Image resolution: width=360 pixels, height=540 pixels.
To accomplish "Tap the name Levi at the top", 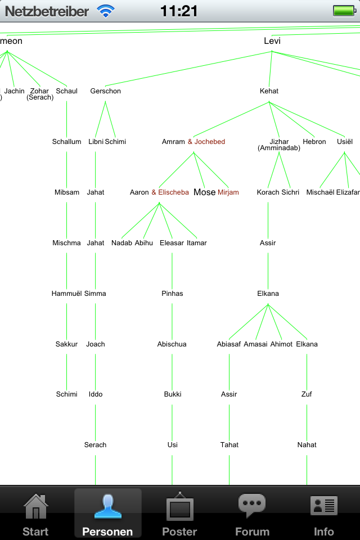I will pyautogui.click(x=272, y=41).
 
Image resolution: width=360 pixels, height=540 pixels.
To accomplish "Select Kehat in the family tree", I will pyautogui.click(x=269, y=91).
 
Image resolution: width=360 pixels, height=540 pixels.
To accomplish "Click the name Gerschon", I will pyautogui.click(x=105, y=91).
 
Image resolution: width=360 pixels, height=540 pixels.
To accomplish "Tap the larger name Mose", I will pyautogui.click(x=204, y=192).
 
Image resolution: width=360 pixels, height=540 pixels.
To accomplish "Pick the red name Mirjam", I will pyautogui.click(x=228, y=192).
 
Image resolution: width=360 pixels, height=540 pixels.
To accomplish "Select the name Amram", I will pyautogui.click(x=173, y=142).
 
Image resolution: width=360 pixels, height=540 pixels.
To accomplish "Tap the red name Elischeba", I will pyautogui.click(x=173, y=192).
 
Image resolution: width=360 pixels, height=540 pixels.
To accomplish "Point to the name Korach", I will pyautogui.click(x=268, y=192).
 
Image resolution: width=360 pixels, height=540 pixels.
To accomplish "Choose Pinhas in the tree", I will pyautogui.click(x=172, y=294).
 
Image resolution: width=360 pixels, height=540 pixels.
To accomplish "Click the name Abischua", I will pyautogui.click(x=172, y=344).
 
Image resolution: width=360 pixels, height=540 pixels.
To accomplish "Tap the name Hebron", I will pyautogui.click(x=314, y=142).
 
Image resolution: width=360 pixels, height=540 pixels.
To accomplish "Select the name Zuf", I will pyautogui.click(x=307, y=394).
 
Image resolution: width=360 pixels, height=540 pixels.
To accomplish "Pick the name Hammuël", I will pyautogui.click(x=66, y=294).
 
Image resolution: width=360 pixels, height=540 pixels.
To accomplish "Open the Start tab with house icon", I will pyautogui.click(x=35, y=514).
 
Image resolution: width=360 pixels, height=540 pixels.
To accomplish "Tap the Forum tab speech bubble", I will pyautogui.click(x=252, y=514).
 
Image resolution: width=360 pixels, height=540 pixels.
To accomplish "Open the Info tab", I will pyautogui.click(x=324, y=514).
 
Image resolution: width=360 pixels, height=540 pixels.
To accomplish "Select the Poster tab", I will pyautogui.click(x=179, y=514).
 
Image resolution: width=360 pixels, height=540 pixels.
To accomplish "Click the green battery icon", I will pyautogui.click(x=343, y=11).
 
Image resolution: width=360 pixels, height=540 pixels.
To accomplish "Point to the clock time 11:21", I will pyautogui.click(x=179, y=11).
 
